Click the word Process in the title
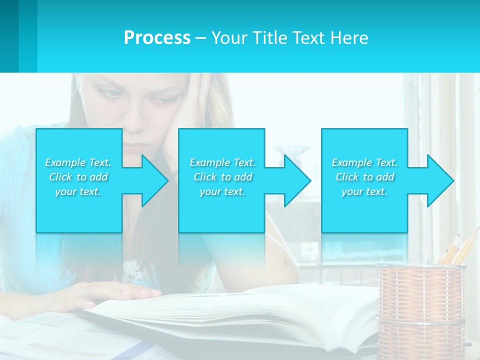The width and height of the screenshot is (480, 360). pyautogui.click(x=157, y=37)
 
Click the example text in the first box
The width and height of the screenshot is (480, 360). pyautogui.click(x=78, y=177)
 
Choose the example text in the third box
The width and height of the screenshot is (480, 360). pyautogui.click(x=364, y=177)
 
